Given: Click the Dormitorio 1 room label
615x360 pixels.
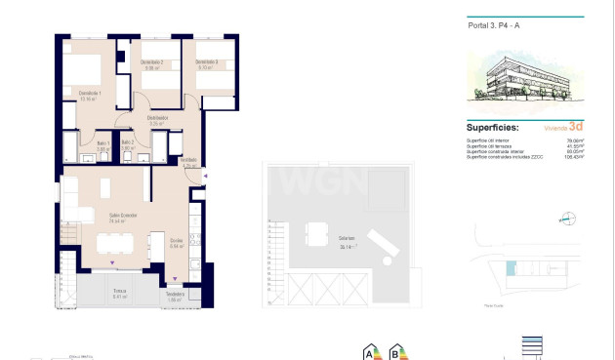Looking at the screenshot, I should (91, 94).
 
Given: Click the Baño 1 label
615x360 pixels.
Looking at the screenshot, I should (102, 143).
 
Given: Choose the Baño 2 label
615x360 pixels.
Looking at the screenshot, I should (128, 143).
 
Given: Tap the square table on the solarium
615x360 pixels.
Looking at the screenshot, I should (315, 234).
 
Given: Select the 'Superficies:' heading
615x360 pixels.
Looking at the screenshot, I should (493, 128).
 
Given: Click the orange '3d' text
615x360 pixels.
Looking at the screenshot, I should (576, 127).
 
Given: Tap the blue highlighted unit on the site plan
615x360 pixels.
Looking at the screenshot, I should (509, 267).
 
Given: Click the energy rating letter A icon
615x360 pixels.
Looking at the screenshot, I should (370, 351).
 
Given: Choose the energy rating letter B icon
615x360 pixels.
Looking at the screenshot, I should (396, 351).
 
